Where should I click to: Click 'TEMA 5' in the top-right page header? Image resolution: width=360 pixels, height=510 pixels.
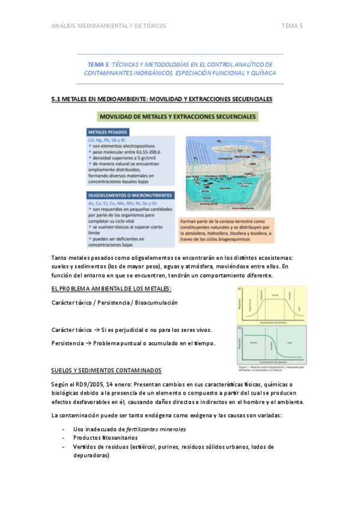click(x=292, y=26)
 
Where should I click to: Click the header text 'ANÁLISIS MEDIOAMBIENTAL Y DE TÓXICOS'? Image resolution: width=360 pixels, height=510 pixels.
click(x=109, y=26)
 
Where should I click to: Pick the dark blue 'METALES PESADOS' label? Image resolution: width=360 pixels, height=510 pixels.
click(x=108, y=132)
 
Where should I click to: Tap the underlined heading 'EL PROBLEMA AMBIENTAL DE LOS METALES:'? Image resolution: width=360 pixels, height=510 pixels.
click(x=111, y=289)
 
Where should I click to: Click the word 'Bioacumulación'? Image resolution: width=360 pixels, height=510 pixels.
click(x=156, y=303)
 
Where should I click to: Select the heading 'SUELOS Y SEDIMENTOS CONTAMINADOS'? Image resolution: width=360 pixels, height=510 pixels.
click(x=106, y=370)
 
